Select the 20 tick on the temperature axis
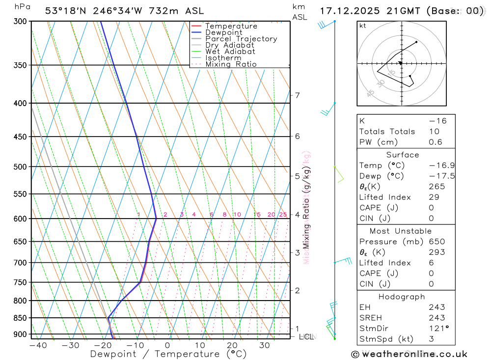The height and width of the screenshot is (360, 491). (x=232, y=345)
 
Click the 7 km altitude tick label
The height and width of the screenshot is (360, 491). (x=297, y=95)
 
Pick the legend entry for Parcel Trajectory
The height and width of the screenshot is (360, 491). (x=241, y=39)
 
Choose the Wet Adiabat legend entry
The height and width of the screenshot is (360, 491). (x=230, y=52)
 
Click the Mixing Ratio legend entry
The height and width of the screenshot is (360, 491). (x=231, y=64)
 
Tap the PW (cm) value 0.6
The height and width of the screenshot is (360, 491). (x=435, y=142)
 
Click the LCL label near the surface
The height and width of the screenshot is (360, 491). (x=306, y=337)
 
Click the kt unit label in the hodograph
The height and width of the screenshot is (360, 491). (x=363, y=26)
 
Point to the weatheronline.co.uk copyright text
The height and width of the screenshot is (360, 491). (x=409, y=354)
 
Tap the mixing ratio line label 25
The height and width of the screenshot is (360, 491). (x=283, y=215)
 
